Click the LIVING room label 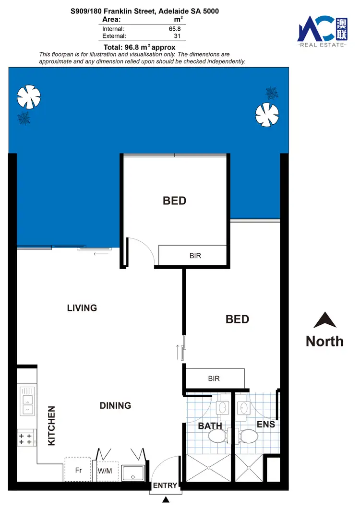82,308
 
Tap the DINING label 115,405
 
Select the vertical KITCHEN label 52,426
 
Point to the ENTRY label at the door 165,485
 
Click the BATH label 210,426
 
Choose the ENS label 265,424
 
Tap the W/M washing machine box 105,471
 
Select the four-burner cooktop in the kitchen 25,438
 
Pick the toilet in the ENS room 249,437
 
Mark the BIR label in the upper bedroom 195,256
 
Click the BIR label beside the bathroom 214,379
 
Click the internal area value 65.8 175,29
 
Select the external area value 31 178,36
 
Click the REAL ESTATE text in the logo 322,45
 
